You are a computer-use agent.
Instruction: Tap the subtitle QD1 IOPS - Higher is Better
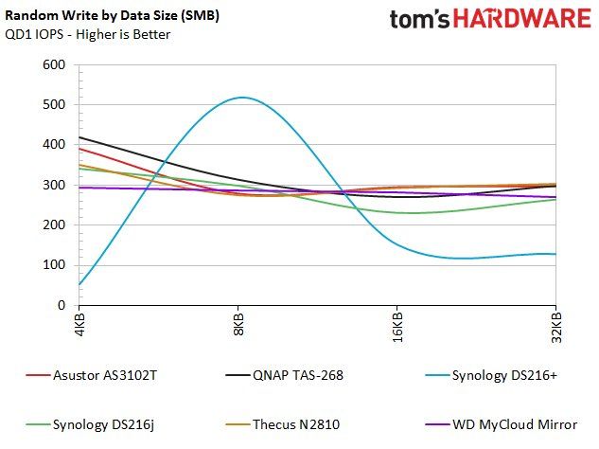pos(87,34)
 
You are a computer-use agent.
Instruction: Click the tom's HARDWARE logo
pos(490,19)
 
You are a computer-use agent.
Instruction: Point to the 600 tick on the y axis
pos(54,64)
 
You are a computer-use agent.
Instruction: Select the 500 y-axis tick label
pos(54,104)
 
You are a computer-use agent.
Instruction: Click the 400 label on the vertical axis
pos(54,145)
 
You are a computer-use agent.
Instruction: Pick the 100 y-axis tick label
pos(54,264)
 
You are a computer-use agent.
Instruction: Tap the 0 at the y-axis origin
pos(62,305)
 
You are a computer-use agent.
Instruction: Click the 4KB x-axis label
pos(79,324)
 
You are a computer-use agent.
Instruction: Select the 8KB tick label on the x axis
pos(238,324)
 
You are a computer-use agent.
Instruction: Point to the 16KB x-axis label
pos(397,327)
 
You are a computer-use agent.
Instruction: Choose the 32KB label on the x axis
pos(556,327)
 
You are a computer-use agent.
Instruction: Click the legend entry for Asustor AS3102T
pos(91,375)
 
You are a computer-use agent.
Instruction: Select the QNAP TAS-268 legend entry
pos(284,375)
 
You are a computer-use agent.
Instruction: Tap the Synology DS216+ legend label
pos(491,376)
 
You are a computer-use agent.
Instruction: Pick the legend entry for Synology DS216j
pos(90,425)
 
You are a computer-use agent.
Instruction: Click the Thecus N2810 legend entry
pos(282,424)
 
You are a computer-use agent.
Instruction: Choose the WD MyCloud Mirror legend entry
pos(502,425)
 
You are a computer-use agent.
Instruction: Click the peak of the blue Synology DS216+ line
pos(242,98)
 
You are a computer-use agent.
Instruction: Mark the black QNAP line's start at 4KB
pos(79,137)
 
